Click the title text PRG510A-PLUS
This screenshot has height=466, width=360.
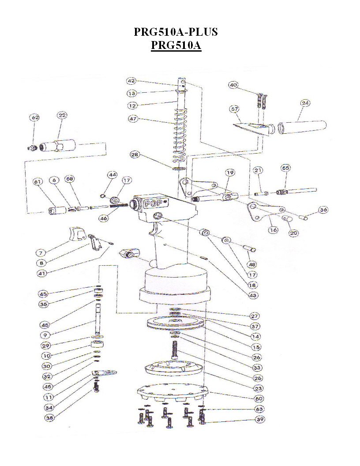click(x=176, y=32)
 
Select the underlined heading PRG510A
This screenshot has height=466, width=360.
click(x=176, y=45)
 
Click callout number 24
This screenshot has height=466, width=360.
click(x=305, y=103)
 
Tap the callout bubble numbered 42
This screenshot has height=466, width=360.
click(x=131, y=81)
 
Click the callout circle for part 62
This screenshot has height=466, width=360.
click(x=34, y=118)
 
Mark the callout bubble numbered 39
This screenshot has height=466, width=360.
click(x=260, y=420)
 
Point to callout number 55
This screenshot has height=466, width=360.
click(x=286, y=168)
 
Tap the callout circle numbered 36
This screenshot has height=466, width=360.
click(x=323, y=210)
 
